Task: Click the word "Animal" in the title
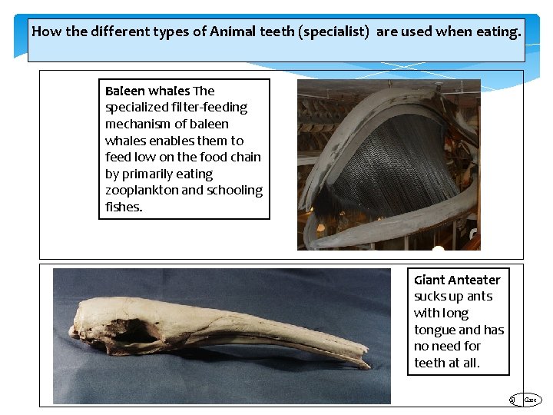click(233, 32)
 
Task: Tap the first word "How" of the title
click(47, 32)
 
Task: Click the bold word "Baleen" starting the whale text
click(125, 91)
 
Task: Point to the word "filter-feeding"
click(207, 108)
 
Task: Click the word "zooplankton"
click(141, 190)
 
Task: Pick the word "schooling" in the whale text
click(234, 190)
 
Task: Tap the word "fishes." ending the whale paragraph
click(124, 207)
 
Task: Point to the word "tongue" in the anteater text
click(435, 330)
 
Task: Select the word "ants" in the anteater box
click(479, 296)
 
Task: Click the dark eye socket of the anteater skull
click(138, 332)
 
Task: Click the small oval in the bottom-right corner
click(531, 400)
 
